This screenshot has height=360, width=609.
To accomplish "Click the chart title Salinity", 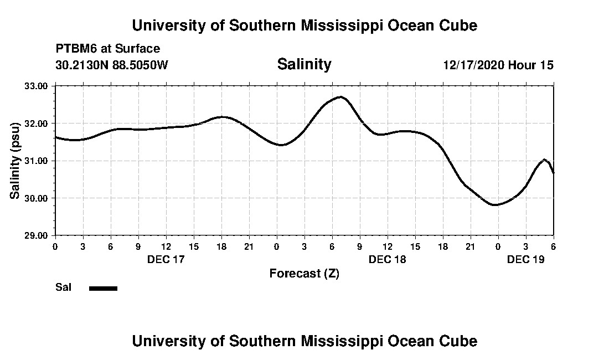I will (x=304, y=64).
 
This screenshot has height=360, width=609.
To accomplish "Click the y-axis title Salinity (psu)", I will (x=16, y=160).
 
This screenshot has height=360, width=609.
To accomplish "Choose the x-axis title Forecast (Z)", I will (x=304, y=273).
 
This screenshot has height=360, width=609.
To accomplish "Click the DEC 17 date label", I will (x=166, y=259).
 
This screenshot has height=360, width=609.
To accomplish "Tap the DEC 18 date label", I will (x=387, y=259).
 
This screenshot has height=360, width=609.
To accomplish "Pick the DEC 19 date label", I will (x=525, y=259).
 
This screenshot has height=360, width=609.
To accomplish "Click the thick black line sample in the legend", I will (x=103, y=288).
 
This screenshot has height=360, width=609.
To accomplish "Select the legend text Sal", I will (x=63, y=287).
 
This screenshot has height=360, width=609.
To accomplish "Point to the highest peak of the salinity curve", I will (x=340, y=97).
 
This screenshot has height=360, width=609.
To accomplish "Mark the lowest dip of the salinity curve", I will (x=496, y=205).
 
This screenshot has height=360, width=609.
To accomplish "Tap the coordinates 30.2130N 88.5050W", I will (x=111, y=65).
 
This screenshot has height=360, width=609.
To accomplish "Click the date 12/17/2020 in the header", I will (x=473, y=65).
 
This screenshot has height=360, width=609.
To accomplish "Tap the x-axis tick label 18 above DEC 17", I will (x=221, y=246).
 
